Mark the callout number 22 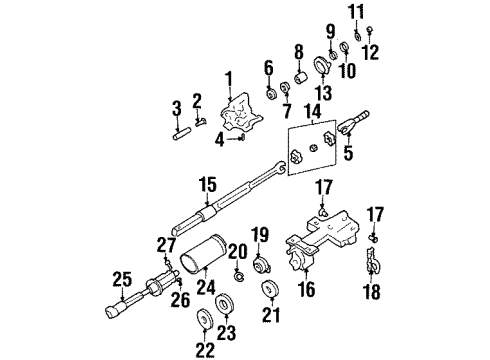coord(204,346)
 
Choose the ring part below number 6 coord(268,93)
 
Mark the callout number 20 coord(237,251)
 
